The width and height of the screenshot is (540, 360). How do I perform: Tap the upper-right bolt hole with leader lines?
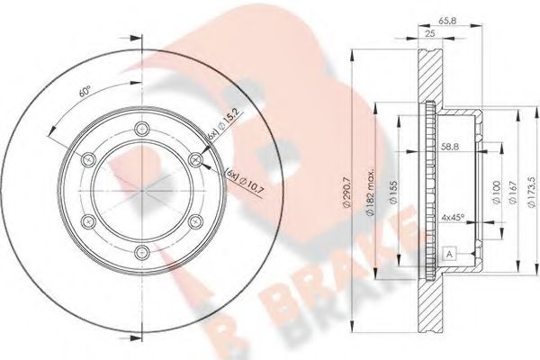196,159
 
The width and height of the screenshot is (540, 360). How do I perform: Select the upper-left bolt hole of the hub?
87,158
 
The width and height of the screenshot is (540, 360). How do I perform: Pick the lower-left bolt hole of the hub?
87,221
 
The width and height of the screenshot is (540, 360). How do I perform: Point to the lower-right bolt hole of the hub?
196,221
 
